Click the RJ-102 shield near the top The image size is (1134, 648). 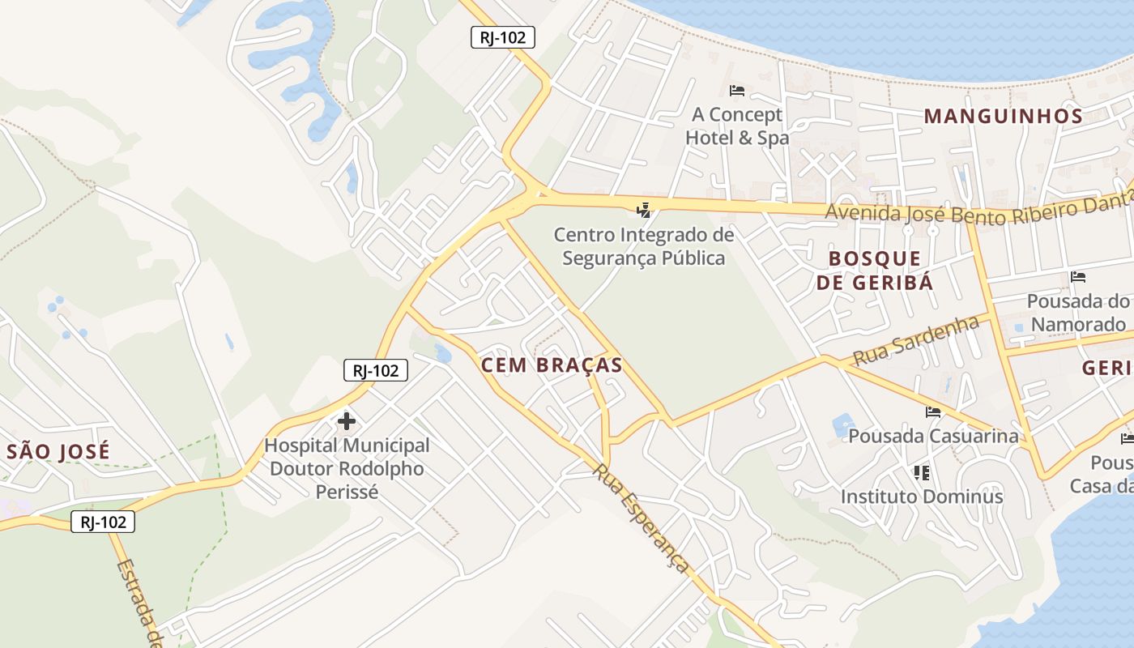[x=503, y=36]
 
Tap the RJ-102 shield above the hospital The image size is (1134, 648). [x=375, y=370]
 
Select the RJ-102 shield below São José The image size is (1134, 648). [x=103, y=522]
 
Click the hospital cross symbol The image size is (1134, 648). [x=347, y=421]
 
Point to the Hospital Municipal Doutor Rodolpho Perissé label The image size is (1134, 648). [x=347, y=468]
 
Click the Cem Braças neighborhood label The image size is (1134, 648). [x=552, y=365]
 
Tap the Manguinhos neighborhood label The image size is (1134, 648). [x=1004, y=116]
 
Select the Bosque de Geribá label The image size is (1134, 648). [x=875, y=271]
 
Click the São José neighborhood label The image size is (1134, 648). [x=58, y=452]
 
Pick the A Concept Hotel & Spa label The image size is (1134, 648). [x=736, y=126]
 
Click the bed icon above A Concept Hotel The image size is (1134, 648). [x=737, y=90]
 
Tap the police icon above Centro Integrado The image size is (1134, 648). [x=644, y=211]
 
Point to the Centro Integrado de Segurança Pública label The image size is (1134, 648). [x=644, y=246]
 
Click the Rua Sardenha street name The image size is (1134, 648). [x=915, y=340]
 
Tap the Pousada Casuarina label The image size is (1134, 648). [x=933, y=436]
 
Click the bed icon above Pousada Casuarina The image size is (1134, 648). [x=933, y=411]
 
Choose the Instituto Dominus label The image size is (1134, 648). [x=922, y=496]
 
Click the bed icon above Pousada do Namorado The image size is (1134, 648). [x=1078, y=277]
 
